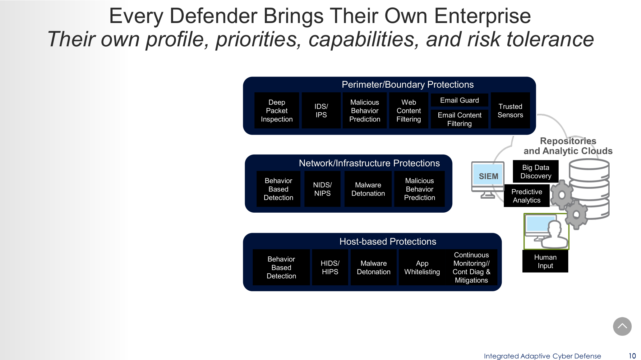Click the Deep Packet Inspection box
click(x=277, y=111)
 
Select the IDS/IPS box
click(x=321, y=111)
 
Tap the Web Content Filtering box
click(x=408, y=111)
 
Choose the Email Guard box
click(x=459, y=100)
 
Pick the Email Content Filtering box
click(x=459, y=119)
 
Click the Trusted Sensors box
click(x=510, y=111)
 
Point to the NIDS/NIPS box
click(x=322, y=189)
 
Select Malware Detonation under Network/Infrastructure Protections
click(x=368, y=189)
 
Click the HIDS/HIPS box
click(x=330, y=267)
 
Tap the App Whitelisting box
click(x=422, y=267)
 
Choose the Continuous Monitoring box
click(x=471, y=267)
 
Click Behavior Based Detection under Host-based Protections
click(x=281, y=267)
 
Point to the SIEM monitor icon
click(x=488, y=177)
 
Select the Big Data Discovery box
click(x=536, y=172)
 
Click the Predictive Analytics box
click(x=527, y=196)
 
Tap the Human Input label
click(x=545, y=261)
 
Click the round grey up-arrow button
click(x=622, y=326)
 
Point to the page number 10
click(x=632, y=356)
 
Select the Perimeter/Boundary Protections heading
click(x=408, y=85)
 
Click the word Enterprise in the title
click(x=482, y=16)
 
